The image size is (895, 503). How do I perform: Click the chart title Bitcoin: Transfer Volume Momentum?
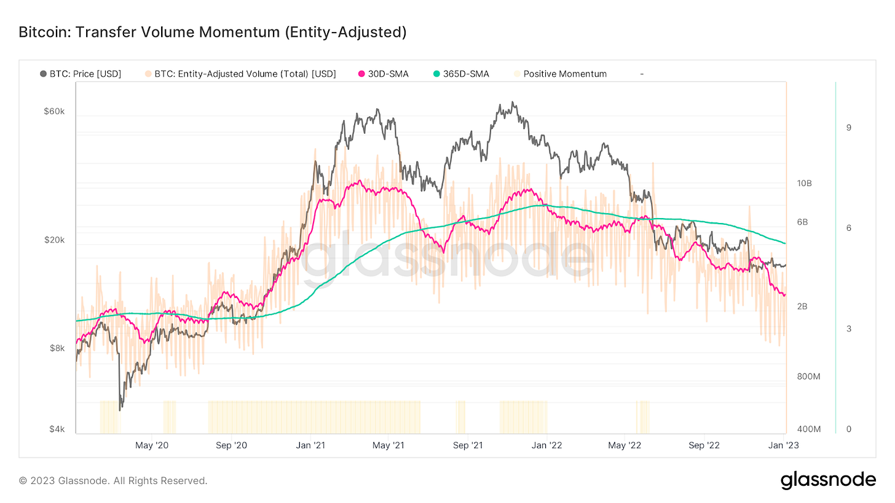213,32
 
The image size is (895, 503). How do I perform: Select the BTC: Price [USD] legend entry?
81,74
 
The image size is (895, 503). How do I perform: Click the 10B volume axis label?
804,184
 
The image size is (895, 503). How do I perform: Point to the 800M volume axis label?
808,376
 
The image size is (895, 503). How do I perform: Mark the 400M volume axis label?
808,429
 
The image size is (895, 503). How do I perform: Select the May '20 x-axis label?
151,445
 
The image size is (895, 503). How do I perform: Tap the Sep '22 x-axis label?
704,445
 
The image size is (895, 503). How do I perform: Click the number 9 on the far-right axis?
848,127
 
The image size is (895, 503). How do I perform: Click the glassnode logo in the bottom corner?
828,480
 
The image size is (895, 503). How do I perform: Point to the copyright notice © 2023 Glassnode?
113,481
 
